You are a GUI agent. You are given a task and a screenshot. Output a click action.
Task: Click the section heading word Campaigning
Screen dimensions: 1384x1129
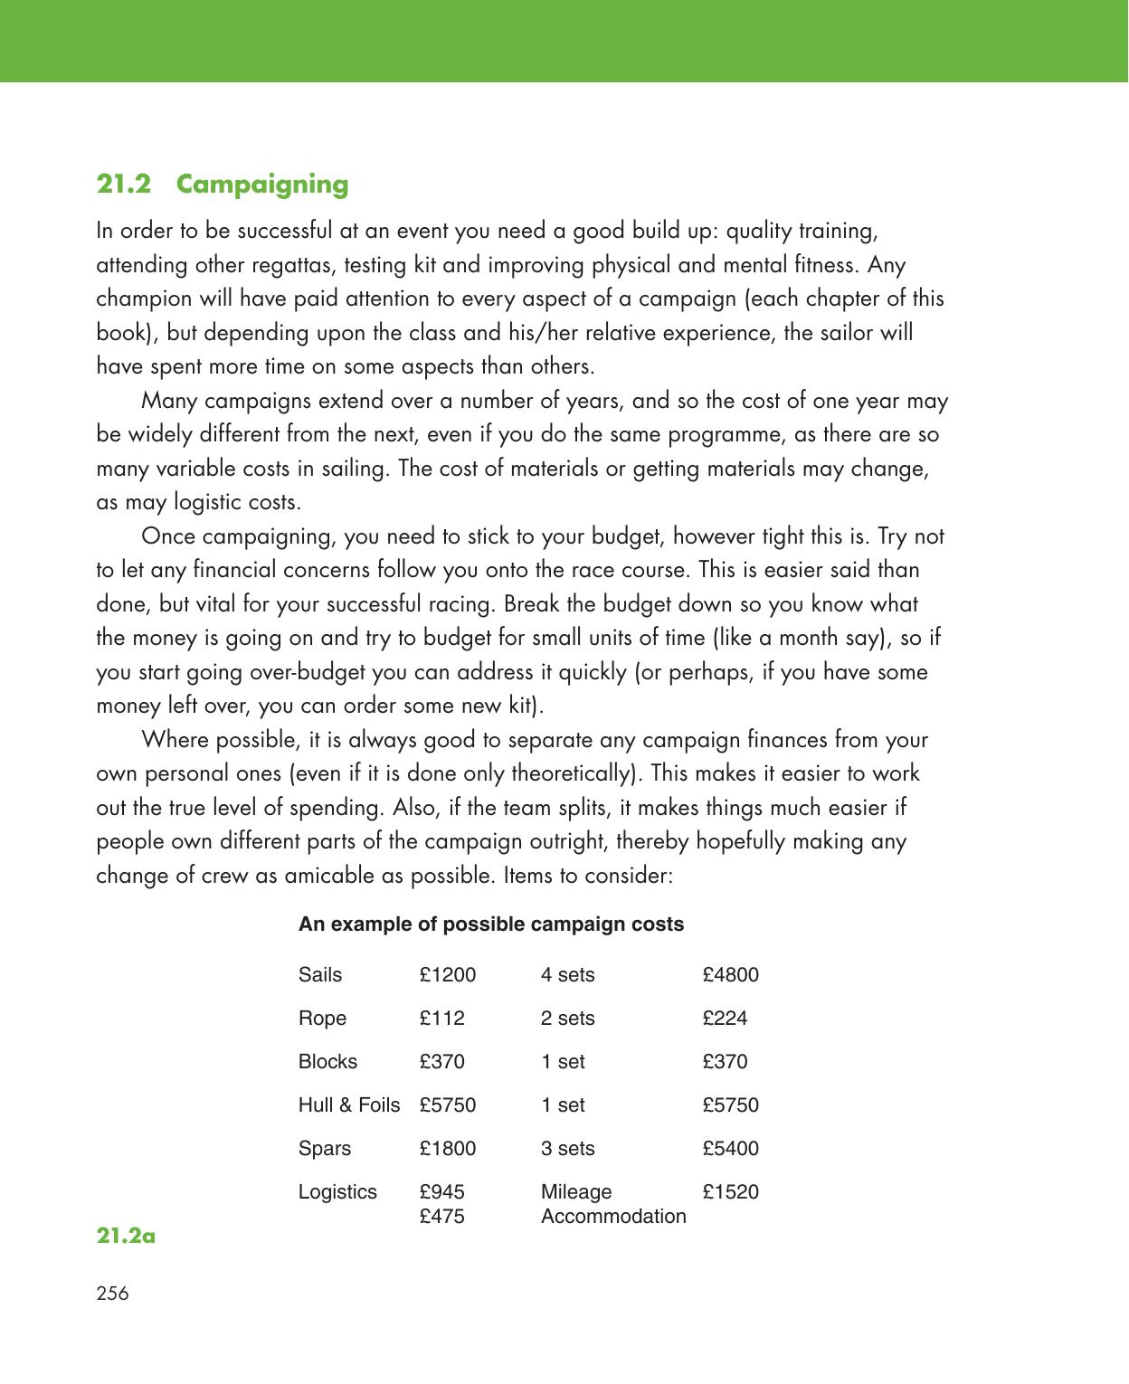(262, 185)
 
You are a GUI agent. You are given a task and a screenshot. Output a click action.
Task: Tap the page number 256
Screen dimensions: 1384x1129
(112, 1294)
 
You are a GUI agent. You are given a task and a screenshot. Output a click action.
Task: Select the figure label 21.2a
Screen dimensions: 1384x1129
(126, 1235)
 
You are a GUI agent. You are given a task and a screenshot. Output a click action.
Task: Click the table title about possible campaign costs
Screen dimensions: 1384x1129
(491, 924)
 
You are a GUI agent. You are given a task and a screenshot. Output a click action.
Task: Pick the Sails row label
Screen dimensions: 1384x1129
(320, 975)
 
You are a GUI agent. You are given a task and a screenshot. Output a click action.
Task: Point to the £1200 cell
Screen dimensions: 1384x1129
(447, 975)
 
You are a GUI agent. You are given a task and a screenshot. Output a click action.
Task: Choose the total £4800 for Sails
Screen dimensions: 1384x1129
(730, 975)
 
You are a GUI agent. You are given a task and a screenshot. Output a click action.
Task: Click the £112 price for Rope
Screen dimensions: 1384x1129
(441, 1019)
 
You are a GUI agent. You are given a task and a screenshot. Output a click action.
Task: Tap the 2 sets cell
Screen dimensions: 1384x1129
(567, 1019)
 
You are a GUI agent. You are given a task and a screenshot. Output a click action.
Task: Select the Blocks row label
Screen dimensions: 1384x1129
(327, 1062)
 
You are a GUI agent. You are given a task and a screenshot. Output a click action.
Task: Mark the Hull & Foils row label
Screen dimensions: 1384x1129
(348, 1105)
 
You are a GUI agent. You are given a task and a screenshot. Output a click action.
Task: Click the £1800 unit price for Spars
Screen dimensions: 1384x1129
(447, 1149)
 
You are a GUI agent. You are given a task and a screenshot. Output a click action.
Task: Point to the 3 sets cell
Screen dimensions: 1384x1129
(567, 1149)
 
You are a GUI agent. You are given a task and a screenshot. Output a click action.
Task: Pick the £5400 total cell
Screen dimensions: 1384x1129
(730, 1149)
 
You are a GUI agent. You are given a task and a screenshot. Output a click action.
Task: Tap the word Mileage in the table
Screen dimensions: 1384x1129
(575, 1192)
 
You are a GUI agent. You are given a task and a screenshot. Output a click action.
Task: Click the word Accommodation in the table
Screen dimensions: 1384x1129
(613, 1217)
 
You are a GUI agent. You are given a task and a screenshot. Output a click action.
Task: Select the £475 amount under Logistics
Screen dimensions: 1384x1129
(441, 1217)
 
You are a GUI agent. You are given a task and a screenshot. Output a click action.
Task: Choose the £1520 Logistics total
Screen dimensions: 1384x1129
(730, 1192)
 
